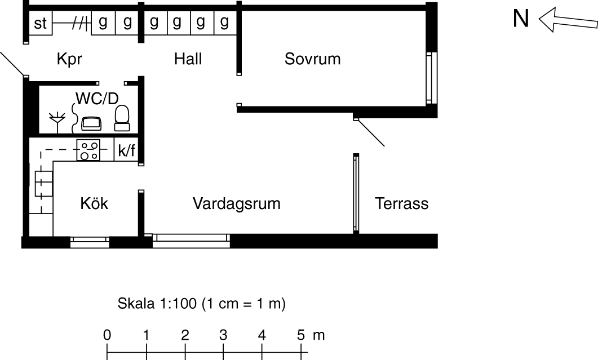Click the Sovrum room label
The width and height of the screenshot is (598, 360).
(x=312, y=59)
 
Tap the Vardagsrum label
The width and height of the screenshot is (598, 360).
(x=237, y=203)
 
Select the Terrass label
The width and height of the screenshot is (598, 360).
(x=401, y=203)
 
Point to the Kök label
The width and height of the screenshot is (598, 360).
(x=94, y=203)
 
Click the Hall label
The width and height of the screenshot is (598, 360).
(x=188, y=59)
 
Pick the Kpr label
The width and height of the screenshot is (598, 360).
(x=70, y=59)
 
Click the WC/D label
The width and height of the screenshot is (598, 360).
(x=98, y=98)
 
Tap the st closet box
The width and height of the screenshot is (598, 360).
(x=40, y=24)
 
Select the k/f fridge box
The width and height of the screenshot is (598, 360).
(x=126, y=150)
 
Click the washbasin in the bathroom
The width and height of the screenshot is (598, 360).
(x=91, y=122)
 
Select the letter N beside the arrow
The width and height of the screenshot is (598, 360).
(x=521, y=19)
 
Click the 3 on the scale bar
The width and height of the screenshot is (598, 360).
(x=223, y=335)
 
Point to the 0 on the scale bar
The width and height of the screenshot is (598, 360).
(x=107, y=335)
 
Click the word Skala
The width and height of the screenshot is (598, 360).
(x=132, y=304)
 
